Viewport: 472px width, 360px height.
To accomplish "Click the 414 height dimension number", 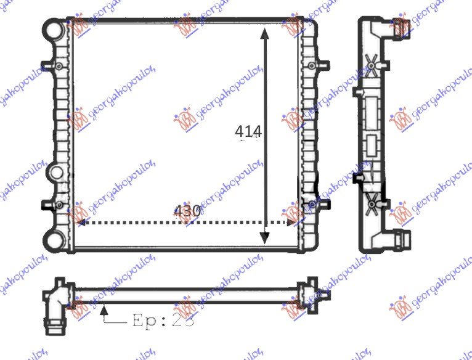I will [248, 131].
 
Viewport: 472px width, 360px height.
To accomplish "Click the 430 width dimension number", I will [187, 211].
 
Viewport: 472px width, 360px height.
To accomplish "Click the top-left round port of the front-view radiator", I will [53, 28].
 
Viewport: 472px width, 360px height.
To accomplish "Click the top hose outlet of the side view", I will [402, 27].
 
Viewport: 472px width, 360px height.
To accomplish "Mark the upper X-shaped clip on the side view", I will [372, 63].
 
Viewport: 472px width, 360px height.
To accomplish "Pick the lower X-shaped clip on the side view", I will [372, 201].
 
